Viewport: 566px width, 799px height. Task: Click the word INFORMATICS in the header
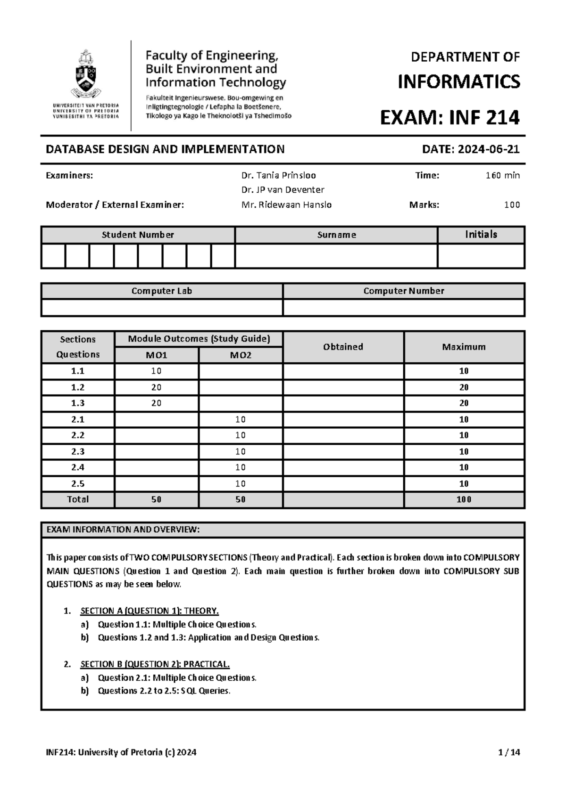(458, 82)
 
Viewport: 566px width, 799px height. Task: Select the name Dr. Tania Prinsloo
(278, 175)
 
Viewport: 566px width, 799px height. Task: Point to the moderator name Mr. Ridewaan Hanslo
(286, 204)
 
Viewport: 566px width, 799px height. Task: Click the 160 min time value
(502, 175)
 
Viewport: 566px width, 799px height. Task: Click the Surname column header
(336, 235)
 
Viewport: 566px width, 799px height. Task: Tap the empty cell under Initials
(481, 256)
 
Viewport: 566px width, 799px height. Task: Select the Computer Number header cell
(403, 291)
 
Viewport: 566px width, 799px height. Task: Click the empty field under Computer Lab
(161, 307)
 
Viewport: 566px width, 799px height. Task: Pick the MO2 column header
(241, 355)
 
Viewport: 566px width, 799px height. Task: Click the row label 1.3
(78, 403)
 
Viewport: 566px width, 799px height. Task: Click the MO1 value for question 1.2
(156, 387)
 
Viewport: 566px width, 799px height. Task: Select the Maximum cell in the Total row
(464, 499)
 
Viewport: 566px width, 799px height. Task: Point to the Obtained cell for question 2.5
(343, 483)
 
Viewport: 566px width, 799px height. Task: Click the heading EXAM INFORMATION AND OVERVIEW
(123, 530)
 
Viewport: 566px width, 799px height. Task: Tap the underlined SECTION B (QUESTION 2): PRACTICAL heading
(155, 664)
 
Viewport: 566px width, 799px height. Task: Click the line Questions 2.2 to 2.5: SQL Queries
(164, 691)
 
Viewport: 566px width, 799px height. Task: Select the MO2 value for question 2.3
(241, 451)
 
